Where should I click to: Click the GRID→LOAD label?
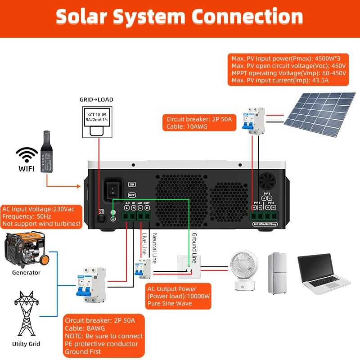tap(96, 99)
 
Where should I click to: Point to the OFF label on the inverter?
tap(132, 195)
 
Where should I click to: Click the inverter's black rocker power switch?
tap(111, 189)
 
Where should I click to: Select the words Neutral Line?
tap(154, 248)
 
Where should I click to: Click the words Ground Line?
tap(194, 248)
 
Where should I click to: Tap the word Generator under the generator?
tap(26, 273)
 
